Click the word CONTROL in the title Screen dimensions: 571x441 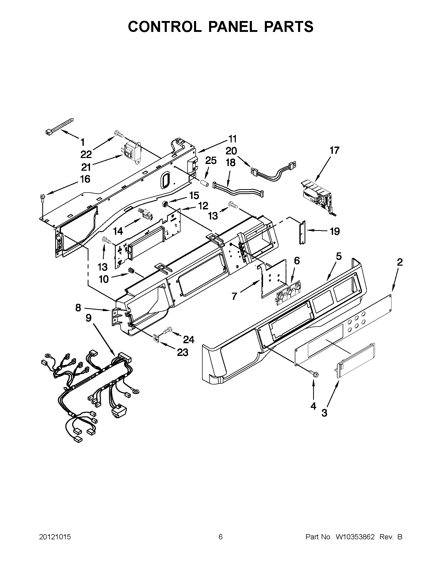pyautogui.click(x=165, y=27)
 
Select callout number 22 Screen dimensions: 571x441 pyautogui.click(x=86, y=155)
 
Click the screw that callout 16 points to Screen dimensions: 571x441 pyautogui.click(x=42, y=197)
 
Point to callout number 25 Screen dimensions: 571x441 pyautogui.click(x=211, y=161)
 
